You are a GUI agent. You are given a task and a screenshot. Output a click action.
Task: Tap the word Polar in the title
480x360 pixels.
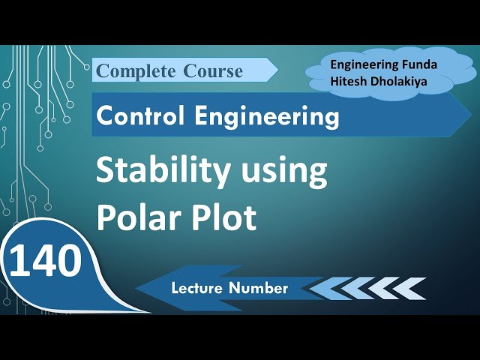tap(130, 218)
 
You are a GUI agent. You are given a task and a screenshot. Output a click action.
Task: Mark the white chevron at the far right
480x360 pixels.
tap(414, 288)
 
